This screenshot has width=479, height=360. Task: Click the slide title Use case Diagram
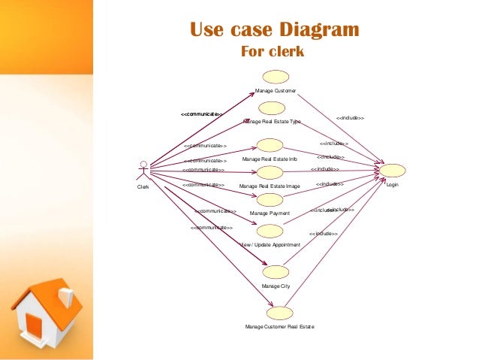tap(274, 31)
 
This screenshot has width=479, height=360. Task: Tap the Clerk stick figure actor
tap(143, 171)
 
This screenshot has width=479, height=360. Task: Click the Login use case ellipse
tap(393, 170)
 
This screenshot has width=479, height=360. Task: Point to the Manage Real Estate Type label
tap(272, 121)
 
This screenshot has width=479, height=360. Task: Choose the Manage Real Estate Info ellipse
tap(270, 145)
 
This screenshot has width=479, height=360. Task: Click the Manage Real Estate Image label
tap(270, 186)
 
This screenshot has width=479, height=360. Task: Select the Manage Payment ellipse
tap(270, 200)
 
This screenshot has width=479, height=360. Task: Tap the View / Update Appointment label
tap(270, 245)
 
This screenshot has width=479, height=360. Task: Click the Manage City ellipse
tap(276, 271)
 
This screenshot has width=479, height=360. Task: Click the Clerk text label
tap(143, 186)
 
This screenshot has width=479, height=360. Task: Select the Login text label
tap(393, 185)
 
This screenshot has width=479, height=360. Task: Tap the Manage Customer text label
tap(276, 90)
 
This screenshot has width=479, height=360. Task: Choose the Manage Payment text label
tap(270, 213)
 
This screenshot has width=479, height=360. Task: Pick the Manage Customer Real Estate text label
tap(279, 327)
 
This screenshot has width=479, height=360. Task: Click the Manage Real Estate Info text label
tap(270, 159)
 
